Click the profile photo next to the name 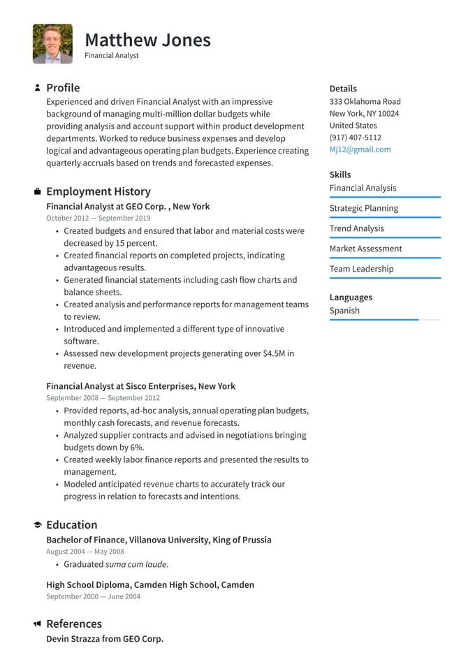click(x=52, y=44)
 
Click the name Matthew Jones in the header click(x=147, y=40)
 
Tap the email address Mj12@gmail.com click(x=360, y=149)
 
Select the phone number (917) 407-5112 click(x=355, y=138)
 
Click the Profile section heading click(x=63, y=88)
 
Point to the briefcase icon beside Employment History click(x=37, y=191)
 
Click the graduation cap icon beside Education click(x=37, y=525)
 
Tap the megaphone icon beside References click(x=37, y=624)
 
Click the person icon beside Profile click(x=37, y=88)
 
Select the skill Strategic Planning click(x=363, y=208)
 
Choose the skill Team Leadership click(x=361, y=269)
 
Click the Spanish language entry click(x=344, y=311)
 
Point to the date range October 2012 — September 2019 click(x=98, y=219)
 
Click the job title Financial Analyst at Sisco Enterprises click(x=140, y=386)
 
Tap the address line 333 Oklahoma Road click(x=365, y=101)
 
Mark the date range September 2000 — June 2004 click(x=93, y=597)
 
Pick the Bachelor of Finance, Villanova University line click(x=159, y=540)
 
